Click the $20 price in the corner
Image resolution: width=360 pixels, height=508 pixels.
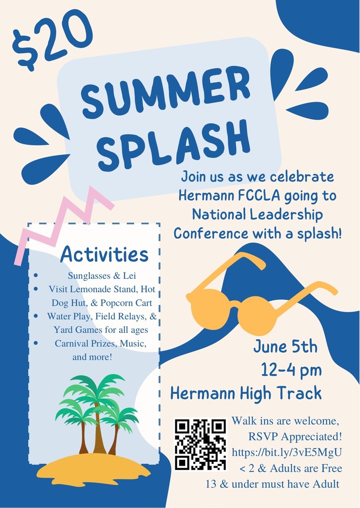52,40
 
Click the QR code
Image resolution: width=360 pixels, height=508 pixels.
201,444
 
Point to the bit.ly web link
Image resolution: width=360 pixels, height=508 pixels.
287,452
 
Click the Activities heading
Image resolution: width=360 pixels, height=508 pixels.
104,254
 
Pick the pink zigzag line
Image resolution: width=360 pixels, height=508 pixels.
65,224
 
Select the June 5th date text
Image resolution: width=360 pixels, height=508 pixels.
286,346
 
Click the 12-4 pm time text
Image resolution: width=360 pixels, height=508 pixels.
291,370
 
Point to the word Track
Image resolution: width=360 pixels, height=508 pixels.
298,393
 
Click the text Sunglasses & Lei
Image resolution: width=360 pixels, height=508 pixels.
102,276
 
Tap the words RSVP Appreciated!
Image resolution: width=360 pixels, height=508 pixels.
295,437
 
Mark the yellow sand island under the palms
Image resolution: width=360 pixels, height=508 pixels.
94,469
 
